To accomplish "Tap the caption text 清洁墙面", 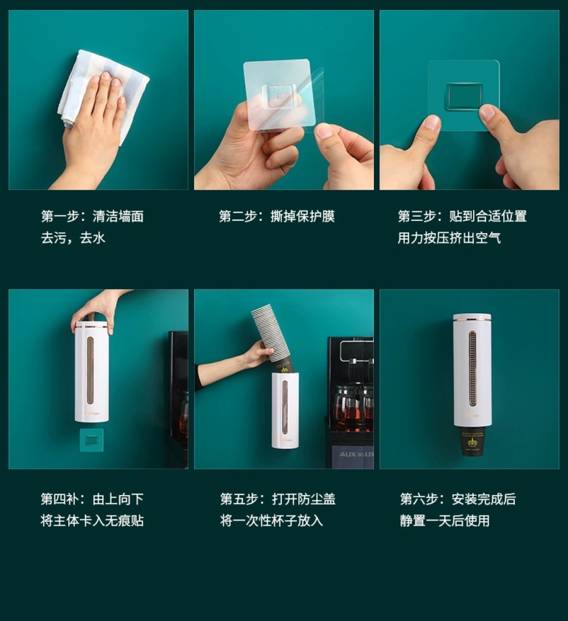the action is point(118,216).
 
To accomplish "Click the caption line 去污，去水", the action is point(73,238).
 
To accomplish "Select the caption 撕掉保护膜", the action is point(303,216).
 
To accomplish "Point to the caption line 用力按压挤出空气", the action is point(449,238).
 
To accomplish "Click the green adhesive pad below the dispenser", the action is point(92,440).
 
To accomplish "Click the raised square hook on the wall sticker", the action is point(464,97).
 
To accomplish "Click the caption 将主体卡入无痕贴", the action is point(92,521).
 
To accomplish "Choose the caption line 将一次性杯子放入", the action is point(272,521).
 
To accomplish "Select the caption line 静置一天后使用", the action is point(445,521).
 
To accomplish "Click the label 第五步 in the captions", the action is point(239,499).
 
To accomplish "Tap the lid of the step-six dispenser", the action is point(472,317).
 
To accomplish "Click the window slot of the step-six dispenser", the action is point(472,369).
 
